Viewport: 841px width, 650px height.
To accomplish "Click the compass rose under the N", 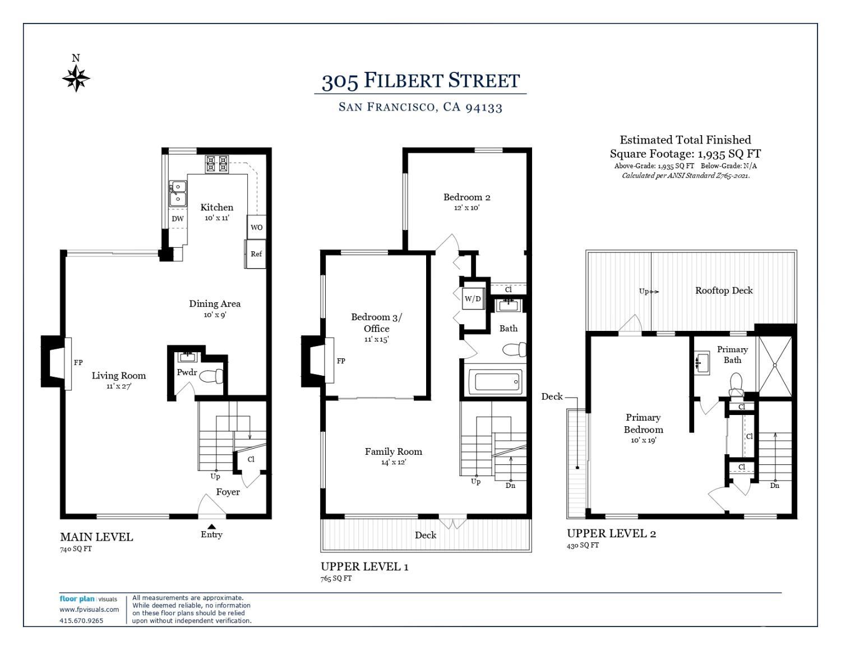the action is [76, 78].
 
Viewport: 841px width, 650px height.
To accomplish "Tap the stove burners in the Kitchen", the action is [217, 164].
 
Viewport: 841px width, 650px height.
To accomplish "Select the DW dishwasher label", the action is [178, 219].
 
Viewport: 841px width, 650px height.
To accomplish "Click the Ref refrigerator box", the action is [256, 254].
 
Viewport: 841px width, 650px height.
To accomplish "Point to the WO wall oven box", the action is [257, 227].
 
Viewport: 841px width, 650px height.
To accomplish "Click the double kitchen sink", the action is [178, 193].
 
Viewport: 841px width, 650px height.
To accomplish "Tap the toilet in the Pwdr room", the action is [211, 376].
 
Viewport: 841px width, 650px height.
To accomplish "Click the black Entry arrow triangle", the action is [211, 526].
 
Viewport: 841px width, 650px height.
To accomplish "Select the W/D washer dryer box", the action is [473, 298].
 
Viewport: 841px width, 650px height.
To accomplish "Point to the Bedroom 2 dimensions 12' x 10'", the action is [466, 208].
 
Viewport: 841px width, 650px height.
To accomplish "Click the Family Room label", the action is [393, 451].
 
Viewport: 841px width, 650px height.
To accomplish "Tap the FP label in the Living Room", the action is [78, 363].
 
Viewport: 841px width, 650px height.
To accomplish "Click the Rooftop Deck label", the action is [724, 291].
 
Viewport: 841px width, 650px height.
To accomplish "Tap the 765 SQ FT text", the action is [336, 578].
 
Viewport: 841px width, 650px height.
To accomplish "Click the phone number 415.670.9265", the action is [81, 621].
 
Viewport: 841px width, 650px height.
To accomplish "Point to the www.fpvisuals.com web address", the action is [89, 610].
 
